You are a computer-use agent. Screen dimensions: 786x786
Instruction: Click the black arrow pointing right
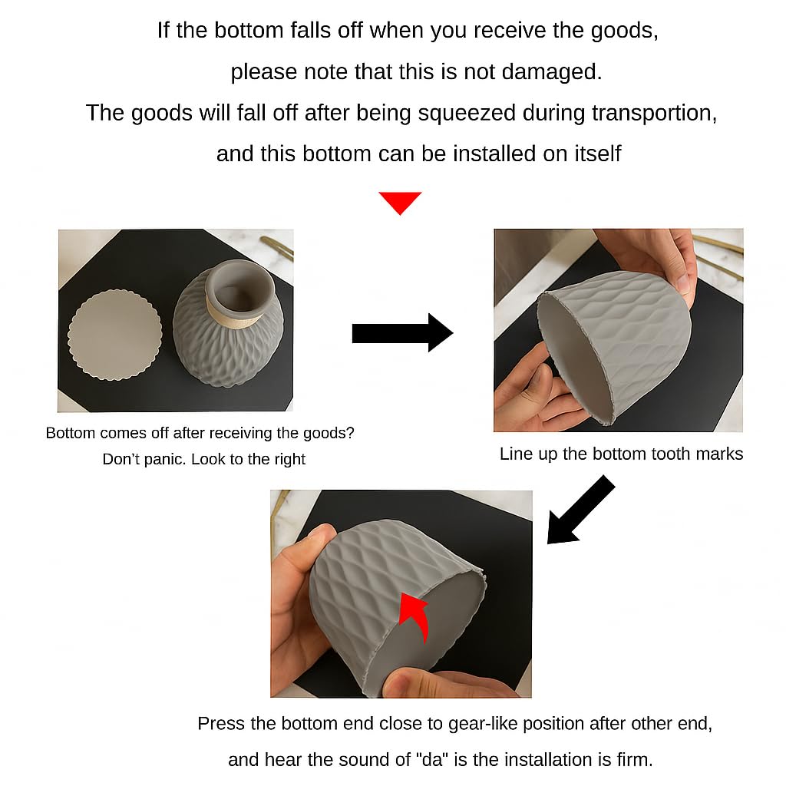coord(402,333)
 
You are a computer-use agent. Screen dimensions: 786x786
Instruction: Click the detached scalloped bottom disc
coord(115,335)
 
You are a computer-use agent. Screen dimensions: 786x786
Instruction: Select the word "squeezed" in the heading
coord(467,113)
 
